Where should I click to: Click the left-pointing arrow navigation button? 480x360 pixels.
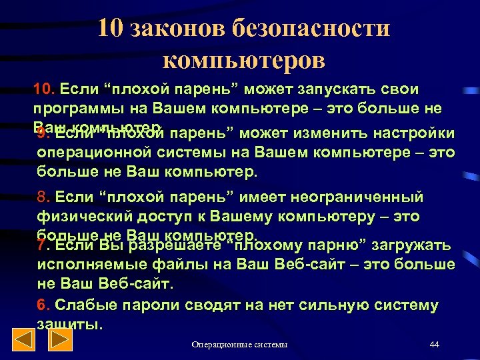pos(25,341)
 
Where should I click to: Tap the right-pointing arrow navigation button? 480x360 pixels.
pos(61,341)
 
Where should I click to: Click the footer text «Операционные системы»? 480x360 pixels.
pos(239,344)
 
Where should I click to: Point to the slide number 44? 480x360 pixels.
pos(434,344)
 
